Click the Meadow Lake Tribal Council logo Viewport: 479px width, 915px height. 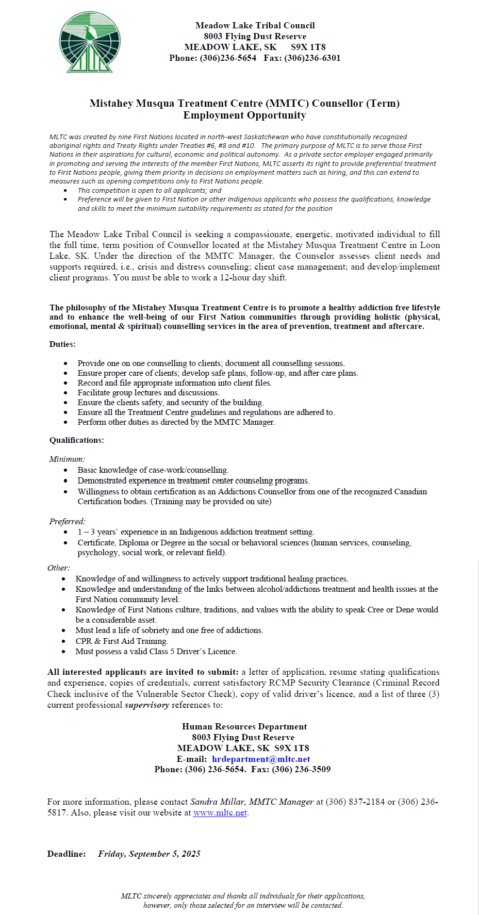(x=90, y=42)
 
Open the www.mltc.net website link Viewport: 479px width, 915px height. (x=220, y=813)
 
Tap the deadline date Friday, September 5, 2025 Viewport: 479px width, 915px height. (x=149, y=854)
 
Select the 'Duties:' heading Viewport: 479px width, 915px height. (x=62, y=344)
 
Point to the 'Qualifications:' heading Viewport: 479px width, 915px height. (x=76, y=440)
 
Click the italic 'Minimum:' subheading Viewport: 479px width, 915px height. (x=67, y=459)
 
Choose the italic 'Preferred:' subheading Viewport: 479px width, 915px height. (x=68, y=522)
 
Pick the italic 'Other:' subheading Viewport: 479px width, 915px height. (x=59, y=568)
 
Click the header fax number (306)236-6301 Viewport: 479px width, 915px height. (x=312, y=58)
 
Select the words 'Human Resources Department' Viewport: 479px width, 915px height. (x=244, y=726)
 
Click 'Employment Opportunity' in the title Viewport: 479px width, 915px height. (x=244, y=115)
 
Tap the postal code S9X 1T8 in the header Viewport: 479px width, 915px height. (x=308, y=47)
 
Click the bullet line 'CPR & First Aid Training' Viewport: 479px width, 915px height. (x=122, y=641)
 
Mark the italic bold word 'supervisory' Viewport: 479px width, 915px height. (x=147, y=705)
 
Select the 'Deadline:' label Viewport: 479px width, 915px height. (x=67, y=854)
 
